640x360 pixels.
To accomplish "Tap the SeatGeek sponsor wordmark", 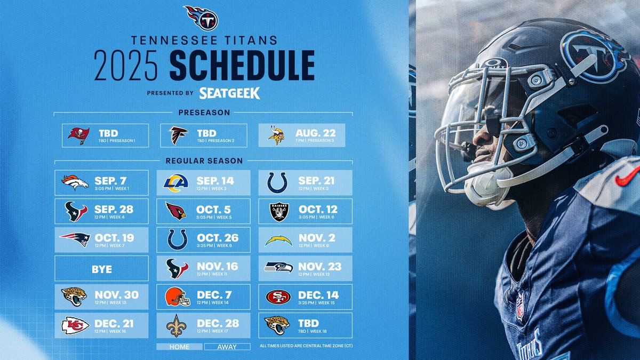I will tap(229, 93).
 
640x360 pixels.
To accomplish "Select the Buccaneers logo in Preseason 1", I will tap(78, 135).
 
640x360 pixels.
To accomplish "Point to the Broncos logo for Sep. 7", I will tap(75, 182).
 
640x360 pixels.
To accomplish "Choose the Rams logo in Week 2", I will tap(176, 182).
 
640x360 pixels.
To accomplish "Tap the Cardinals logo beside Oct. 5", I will tap(176, 211).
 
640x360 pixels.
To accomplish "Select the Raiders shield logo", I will tap(278, 211).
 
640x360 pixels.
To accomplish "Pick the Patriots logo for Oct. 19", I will tap(75, 239).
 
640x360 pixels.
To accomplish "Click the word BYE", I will tap(101, 269).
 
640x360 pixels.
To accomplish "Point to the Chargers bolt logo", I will tap(278, 240).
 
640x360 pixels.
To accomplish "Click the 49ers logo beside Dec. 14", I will tap(278, 297).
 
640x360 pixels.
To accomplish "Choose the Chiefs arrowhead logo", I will tap(75, 325).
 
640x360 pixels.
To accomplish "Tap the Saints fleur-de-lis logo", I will tap(176, 325).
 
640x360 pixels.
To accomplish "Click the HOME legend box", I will tap(179, 347).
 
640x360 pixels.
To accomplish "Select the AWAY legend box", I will tap(227, 347).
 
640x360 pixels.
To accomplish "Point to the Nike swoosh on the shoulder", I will tap(627, 176).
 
